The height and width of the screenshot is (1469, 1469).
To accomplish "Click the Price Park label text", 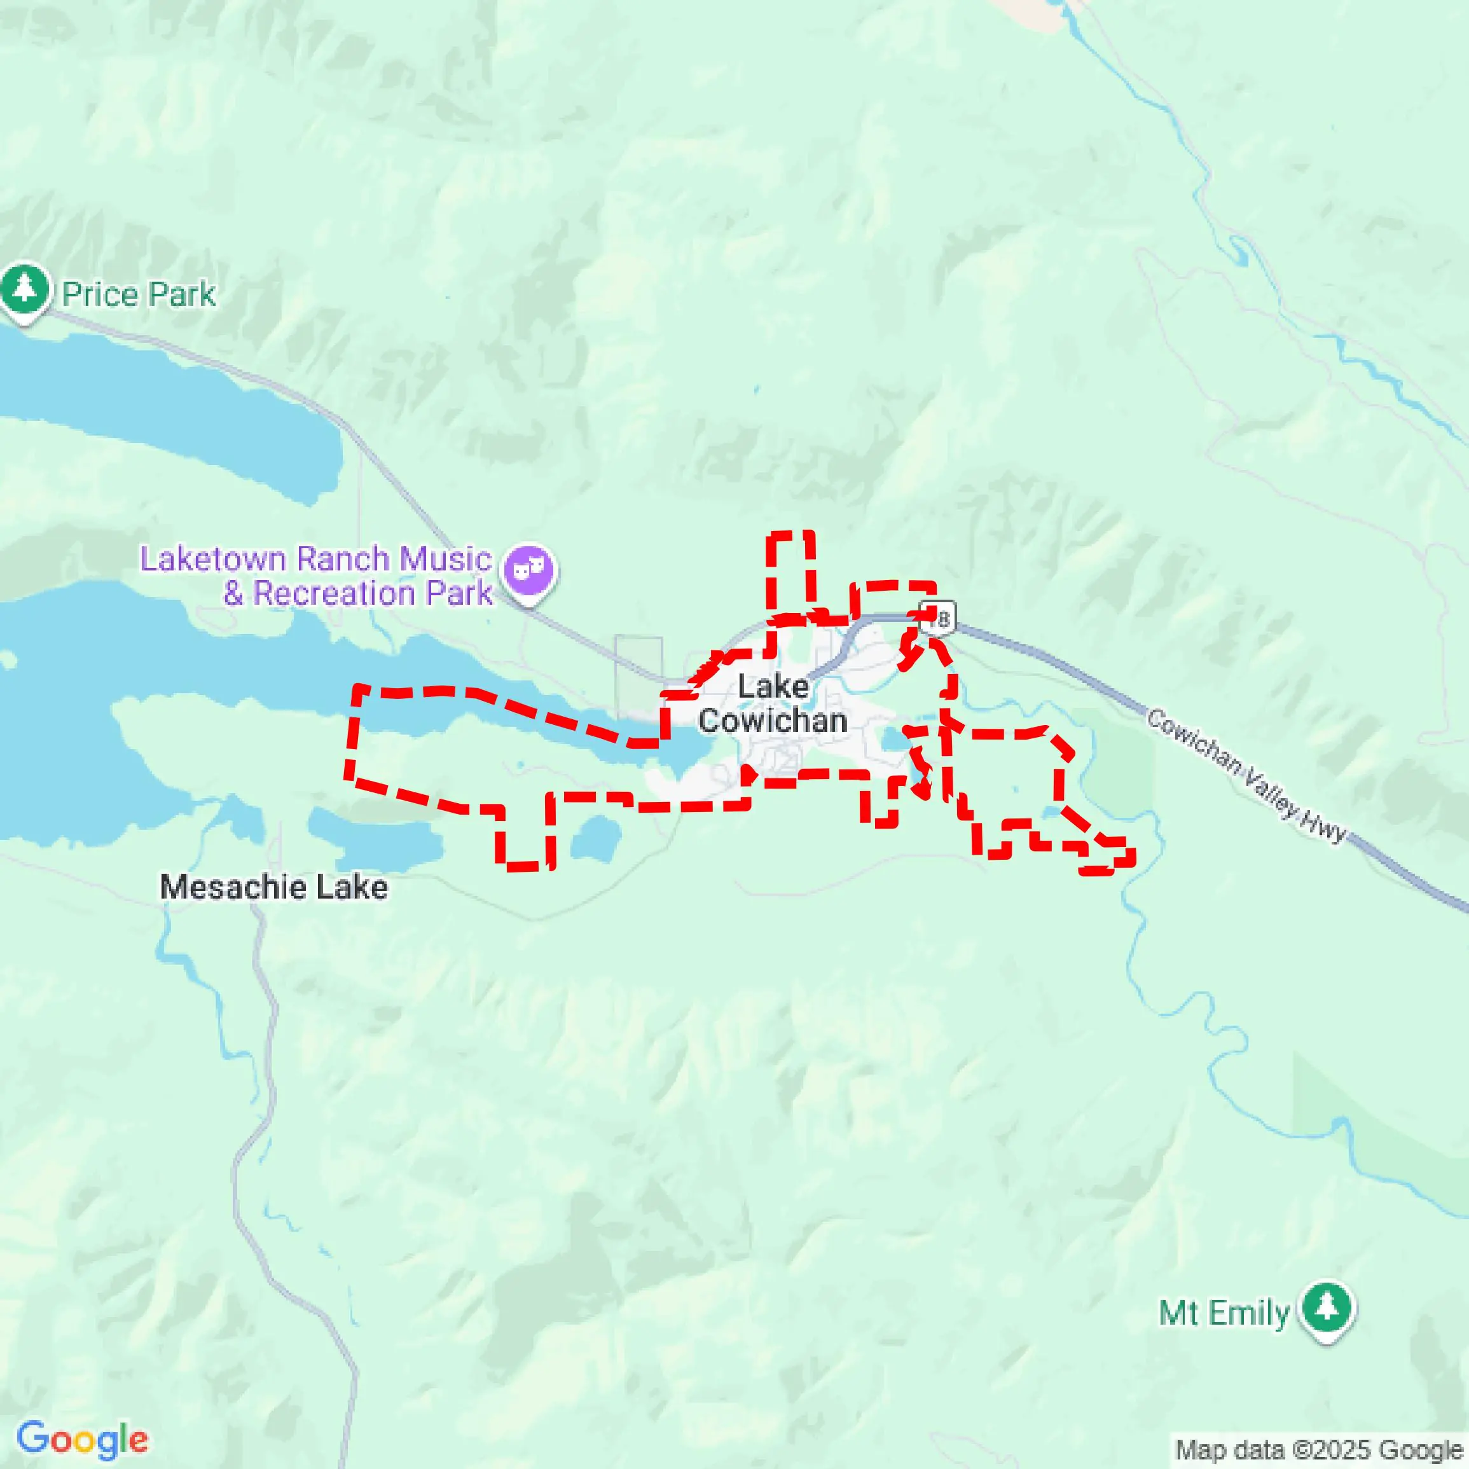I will (x=139, y=295).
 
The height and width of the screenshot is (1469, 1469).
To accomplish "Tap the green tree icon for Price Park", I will (x=25, y=289).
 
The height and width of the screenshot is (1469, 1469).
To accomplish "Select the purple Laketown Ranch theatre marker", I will (x=530, y=570).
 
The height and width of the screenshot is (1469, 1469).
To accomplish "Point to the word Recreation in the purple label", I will (x=334, y=594).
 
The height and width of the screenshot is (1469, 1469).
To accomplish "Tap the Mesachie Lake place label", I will (x=273, y=887).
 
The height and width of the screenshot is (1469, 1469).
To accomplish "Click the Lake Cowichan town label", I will (x=773, y=704).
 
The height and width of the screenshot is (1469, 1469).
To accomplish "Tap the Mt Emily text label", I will (x=1224, y=1313).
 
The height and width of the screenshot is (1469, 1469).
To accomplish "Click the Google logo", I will (x=82, y=1438).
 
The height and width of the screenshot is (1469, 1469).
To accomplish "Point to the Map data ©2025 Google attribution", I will (x=1320, y=1449).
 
